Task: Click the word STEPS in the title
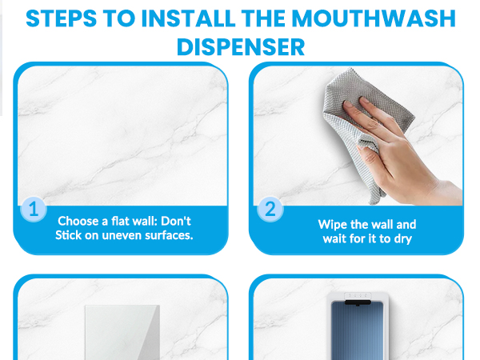pyautogui.click(x=62, y=18)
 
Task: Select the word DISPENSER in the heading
pyautogui.click(x=240, y=46)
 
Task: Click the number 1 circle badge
pyautogui.click(x=33, y=210)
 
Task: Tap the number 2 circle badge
pyautogui.click(x=270, y=210)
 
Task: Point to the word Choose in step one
pyautogui.click(x=78, y=221)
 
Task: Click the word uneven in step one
pyautogui.click(x=124, y=235)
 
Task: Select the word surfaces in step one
pyautogui.click(x=170, y=235)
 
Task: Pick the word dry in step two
pyautogui.click(x=402, y=238)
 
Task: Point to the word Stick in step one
pyautogui.click(x=70, y=235)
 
